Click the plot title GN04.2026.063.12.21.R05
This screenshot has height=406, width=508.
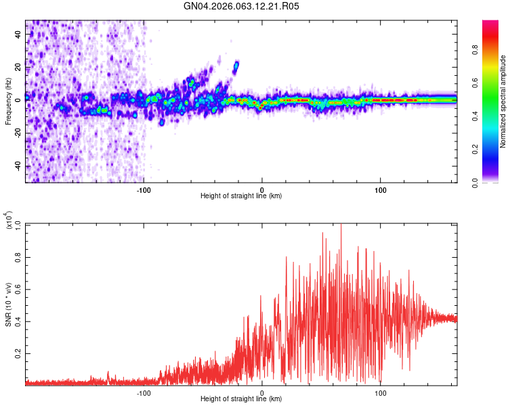click(241, 6)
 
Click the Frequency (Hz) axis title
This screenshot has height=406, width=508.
click(8, 101)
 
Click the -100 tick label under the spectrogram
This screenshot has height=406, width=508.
click(144, 189)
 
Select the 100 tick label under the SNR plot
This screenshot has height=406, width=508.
click(381, 392)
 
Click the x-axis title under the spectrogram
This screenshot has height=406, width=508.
click(241, 196)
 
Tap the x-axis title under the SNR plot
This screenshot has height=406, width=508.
click(241, 400)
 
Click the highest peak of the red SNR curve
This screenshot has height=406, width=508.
click(341, 225)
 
